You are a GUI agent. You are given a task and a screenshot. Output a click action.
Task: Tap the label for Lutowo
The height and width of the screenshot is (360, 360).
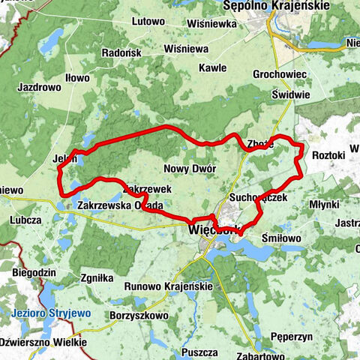point(148,23)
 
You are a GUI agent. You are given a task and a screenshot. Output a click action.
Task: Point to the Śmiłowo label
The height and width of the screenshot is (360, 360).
point(282,238)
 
